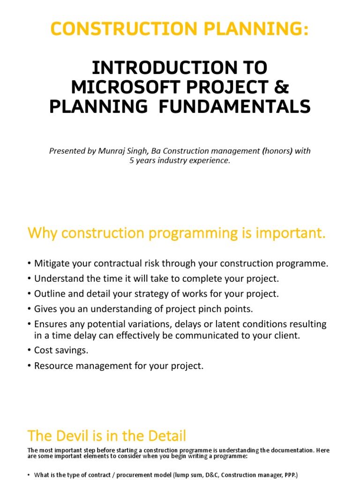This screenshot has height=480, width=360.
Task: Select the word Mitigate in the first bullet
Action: point(52,263)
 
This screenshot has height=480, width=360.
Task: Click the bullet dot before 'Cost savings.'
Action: point(30,351)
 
